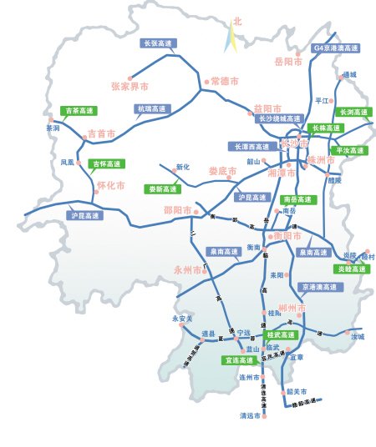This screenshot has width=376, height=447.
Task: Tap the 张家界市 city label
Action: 130,86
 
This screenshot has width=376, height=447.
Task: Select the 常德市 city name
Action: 225,81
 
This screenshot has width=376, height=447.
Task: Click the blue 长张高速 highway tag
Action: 158,43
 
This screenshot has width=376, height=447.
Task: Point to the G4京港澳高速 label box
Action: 337,48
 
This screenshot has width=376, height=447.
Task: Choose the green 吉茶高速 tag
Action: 81,110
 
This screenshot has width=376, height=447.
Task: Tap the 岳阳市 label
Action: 288,62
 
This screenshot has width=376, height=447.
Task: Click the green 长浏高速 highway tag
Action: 353,112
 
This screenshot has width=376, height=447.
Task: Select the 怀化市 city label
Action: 110,185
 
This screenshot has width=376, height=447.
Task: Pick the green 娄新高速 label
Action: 161,189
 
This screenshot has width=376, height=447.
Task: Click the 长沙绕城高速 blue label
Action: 279,118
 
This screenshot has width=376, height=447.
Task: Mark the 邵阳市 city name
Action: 177,210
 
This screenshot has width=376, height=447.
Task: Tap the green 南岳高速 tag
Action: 297,199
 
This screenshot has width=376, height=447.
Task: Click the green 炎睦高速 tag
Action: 351,269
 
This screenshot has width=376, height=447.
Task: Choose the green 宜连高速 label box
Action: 238,361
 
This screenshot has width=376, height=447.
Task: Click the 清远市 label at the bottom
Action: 250,415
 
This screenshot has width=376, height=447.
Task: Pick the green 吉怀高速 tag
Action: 106,163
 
